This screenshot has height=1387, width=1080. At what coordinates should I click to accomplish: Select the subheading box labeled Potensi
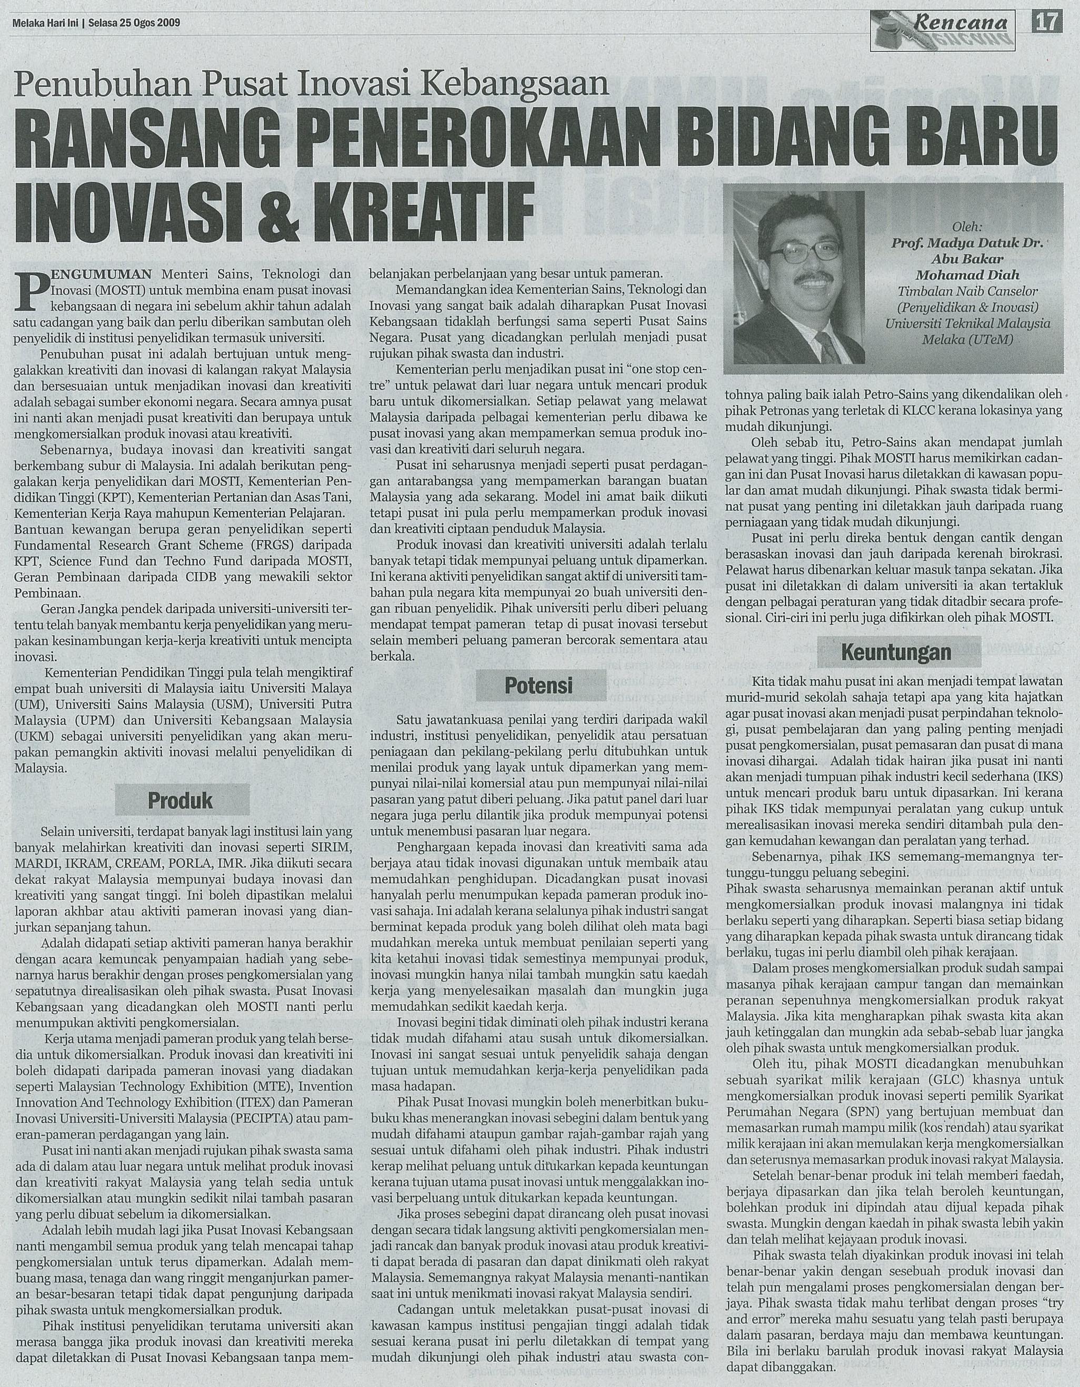pos(538,685)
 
